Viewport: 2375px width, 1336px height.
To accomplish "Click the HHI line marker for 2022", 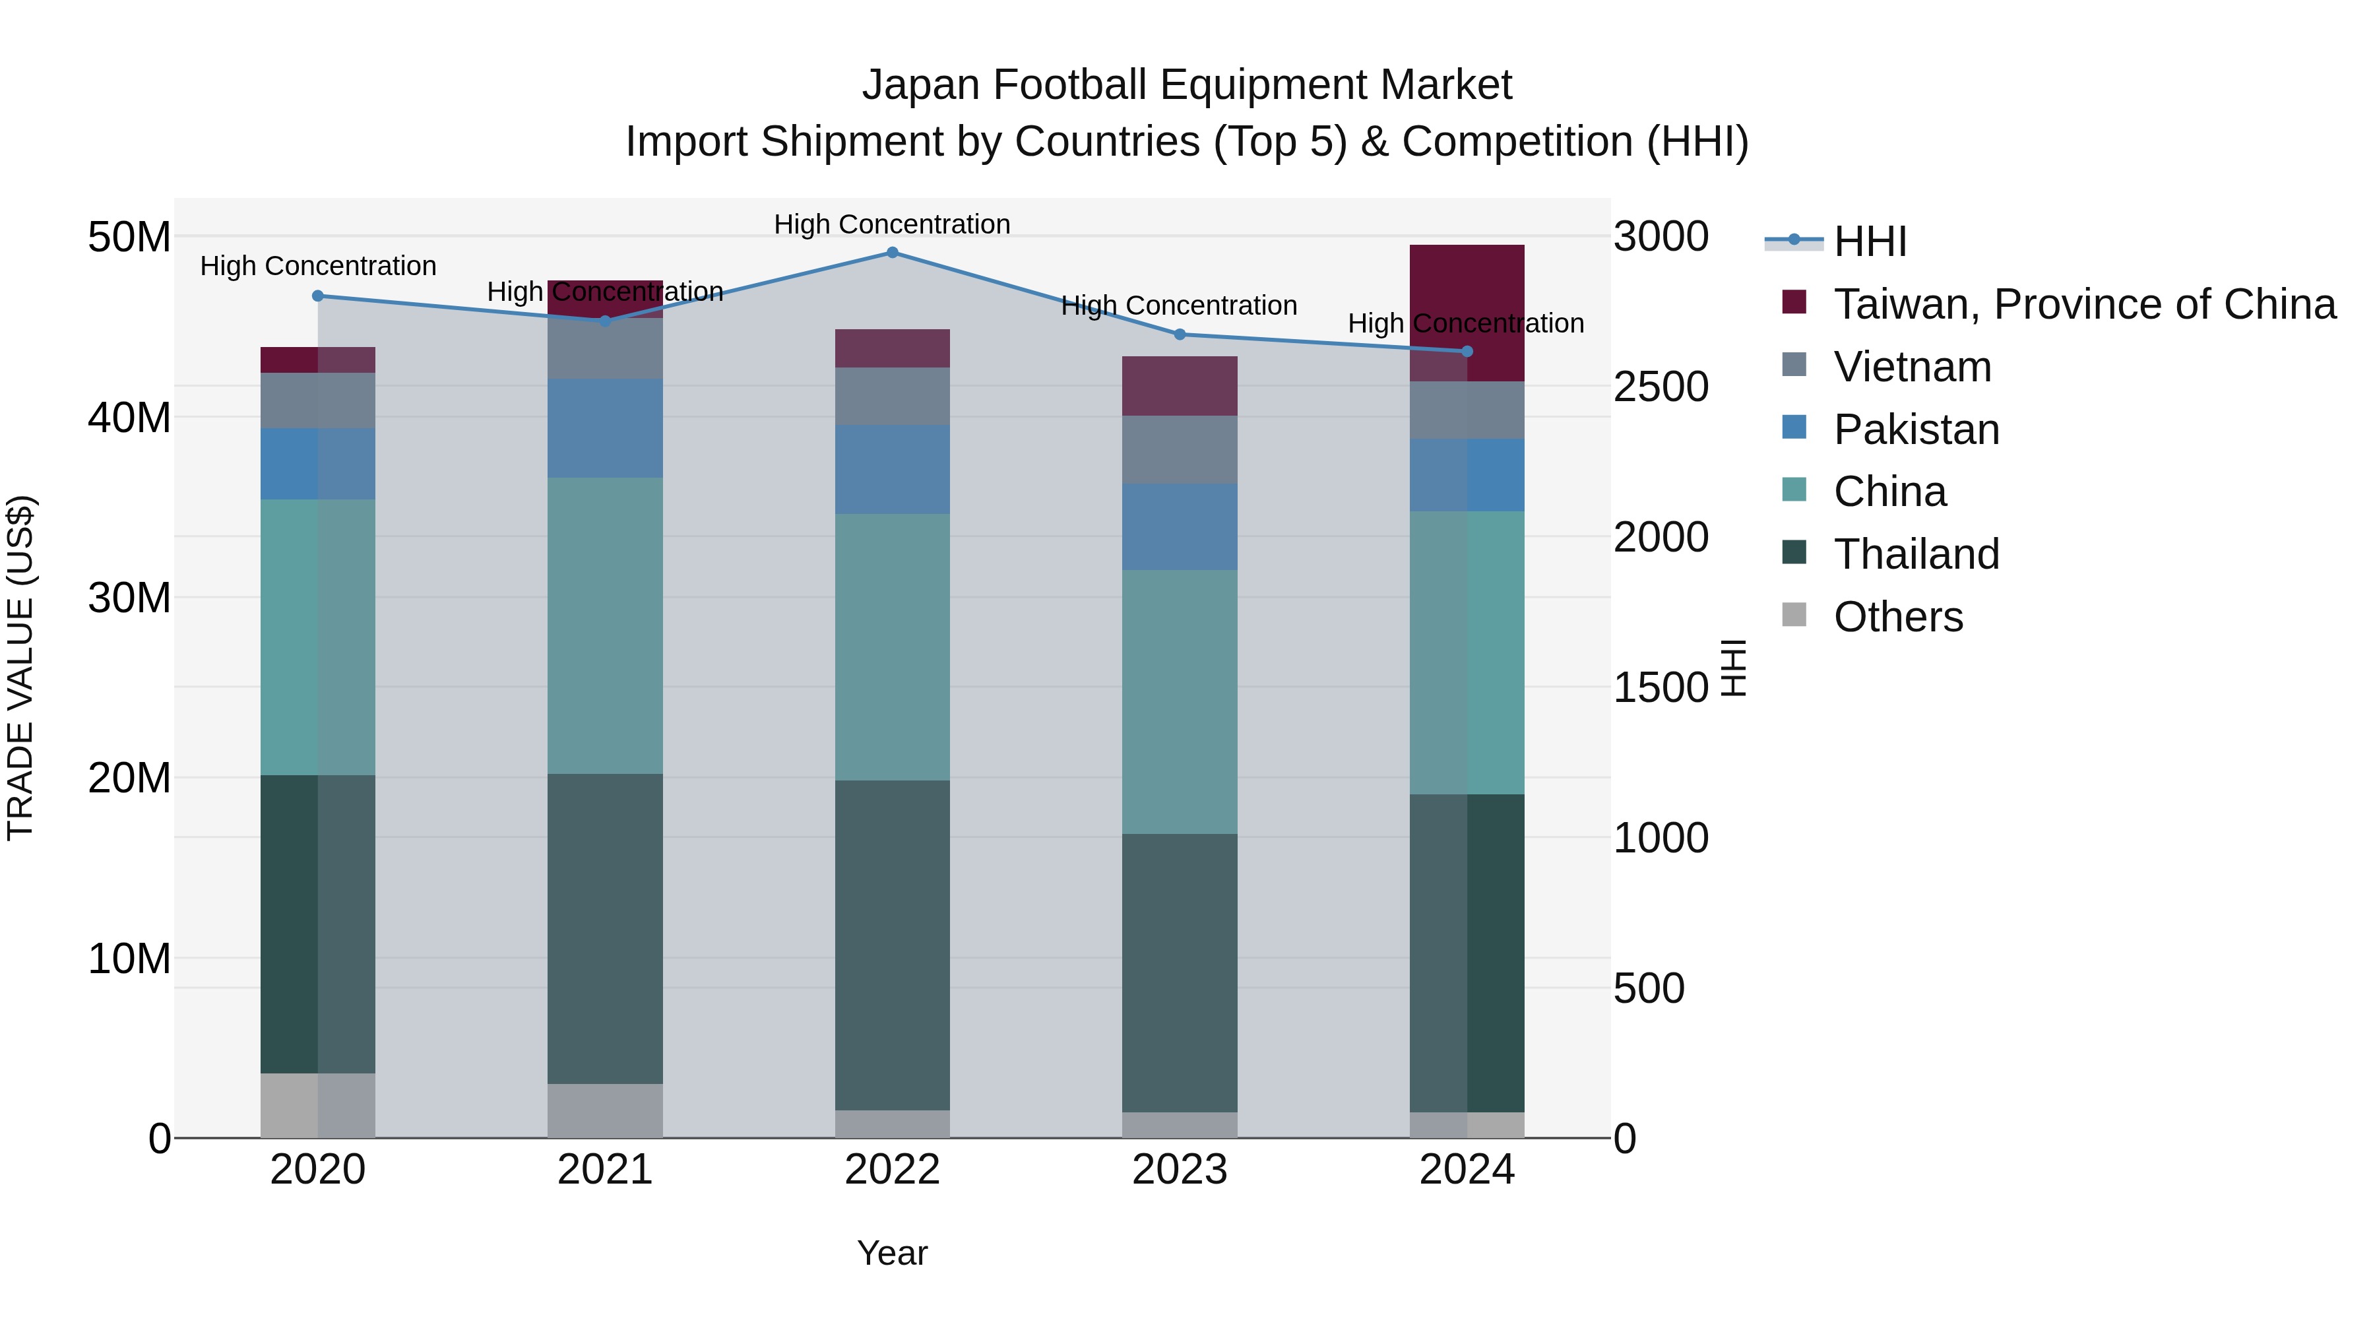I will click(891, 253).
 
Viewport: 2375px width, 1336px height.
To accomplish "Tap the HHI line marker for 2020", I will click(318, 296).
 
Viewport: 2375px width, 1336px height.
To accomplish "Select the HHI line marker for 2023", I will click(1179, 334).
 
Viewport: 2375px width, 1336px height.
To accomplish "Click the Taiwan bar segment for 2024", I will click(1467, 313).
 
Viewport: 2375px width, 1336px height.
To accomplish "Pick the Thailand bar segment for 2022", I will click(891, 945).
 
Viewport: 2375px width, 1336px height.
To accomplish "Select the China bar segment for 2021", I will click(605, 625).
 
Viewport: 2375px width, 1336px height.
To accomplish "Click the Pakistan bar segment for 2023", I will click(1179, 526).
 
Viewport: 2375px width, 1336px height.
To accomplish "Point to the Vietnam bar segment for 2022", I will click(891, 397).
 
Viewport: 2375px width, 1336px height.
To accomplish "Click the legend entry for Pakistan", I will click(1916, 429).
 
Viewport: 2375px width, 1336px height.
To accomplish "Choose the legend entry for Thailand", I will click(1916, 554).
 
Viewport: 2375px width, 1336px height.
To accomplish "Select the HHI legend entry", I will click(1869, 241).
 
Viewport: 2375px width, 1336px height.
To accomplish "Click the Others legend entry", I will click(1897, 617).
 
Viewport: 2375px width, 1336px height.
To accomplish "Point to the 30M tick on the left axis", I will click(129, 598).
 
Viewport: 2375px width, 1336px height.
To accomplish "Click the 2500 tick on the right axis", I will click(1661, 387).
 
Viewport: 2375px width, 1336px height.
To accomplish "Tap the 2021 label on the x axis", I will click(605, 1170).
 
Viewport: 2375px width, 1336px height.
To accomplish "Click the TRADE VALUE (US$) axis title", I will click(20, 668).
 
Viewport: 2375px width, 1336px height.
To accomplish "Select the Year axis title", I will click(891, 1253).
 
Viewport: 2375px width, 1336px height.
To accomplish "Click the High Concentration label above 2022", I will click(891, 224).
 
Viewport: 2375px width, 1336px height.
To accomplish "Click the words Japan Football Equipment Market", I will click(1187, 85).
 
